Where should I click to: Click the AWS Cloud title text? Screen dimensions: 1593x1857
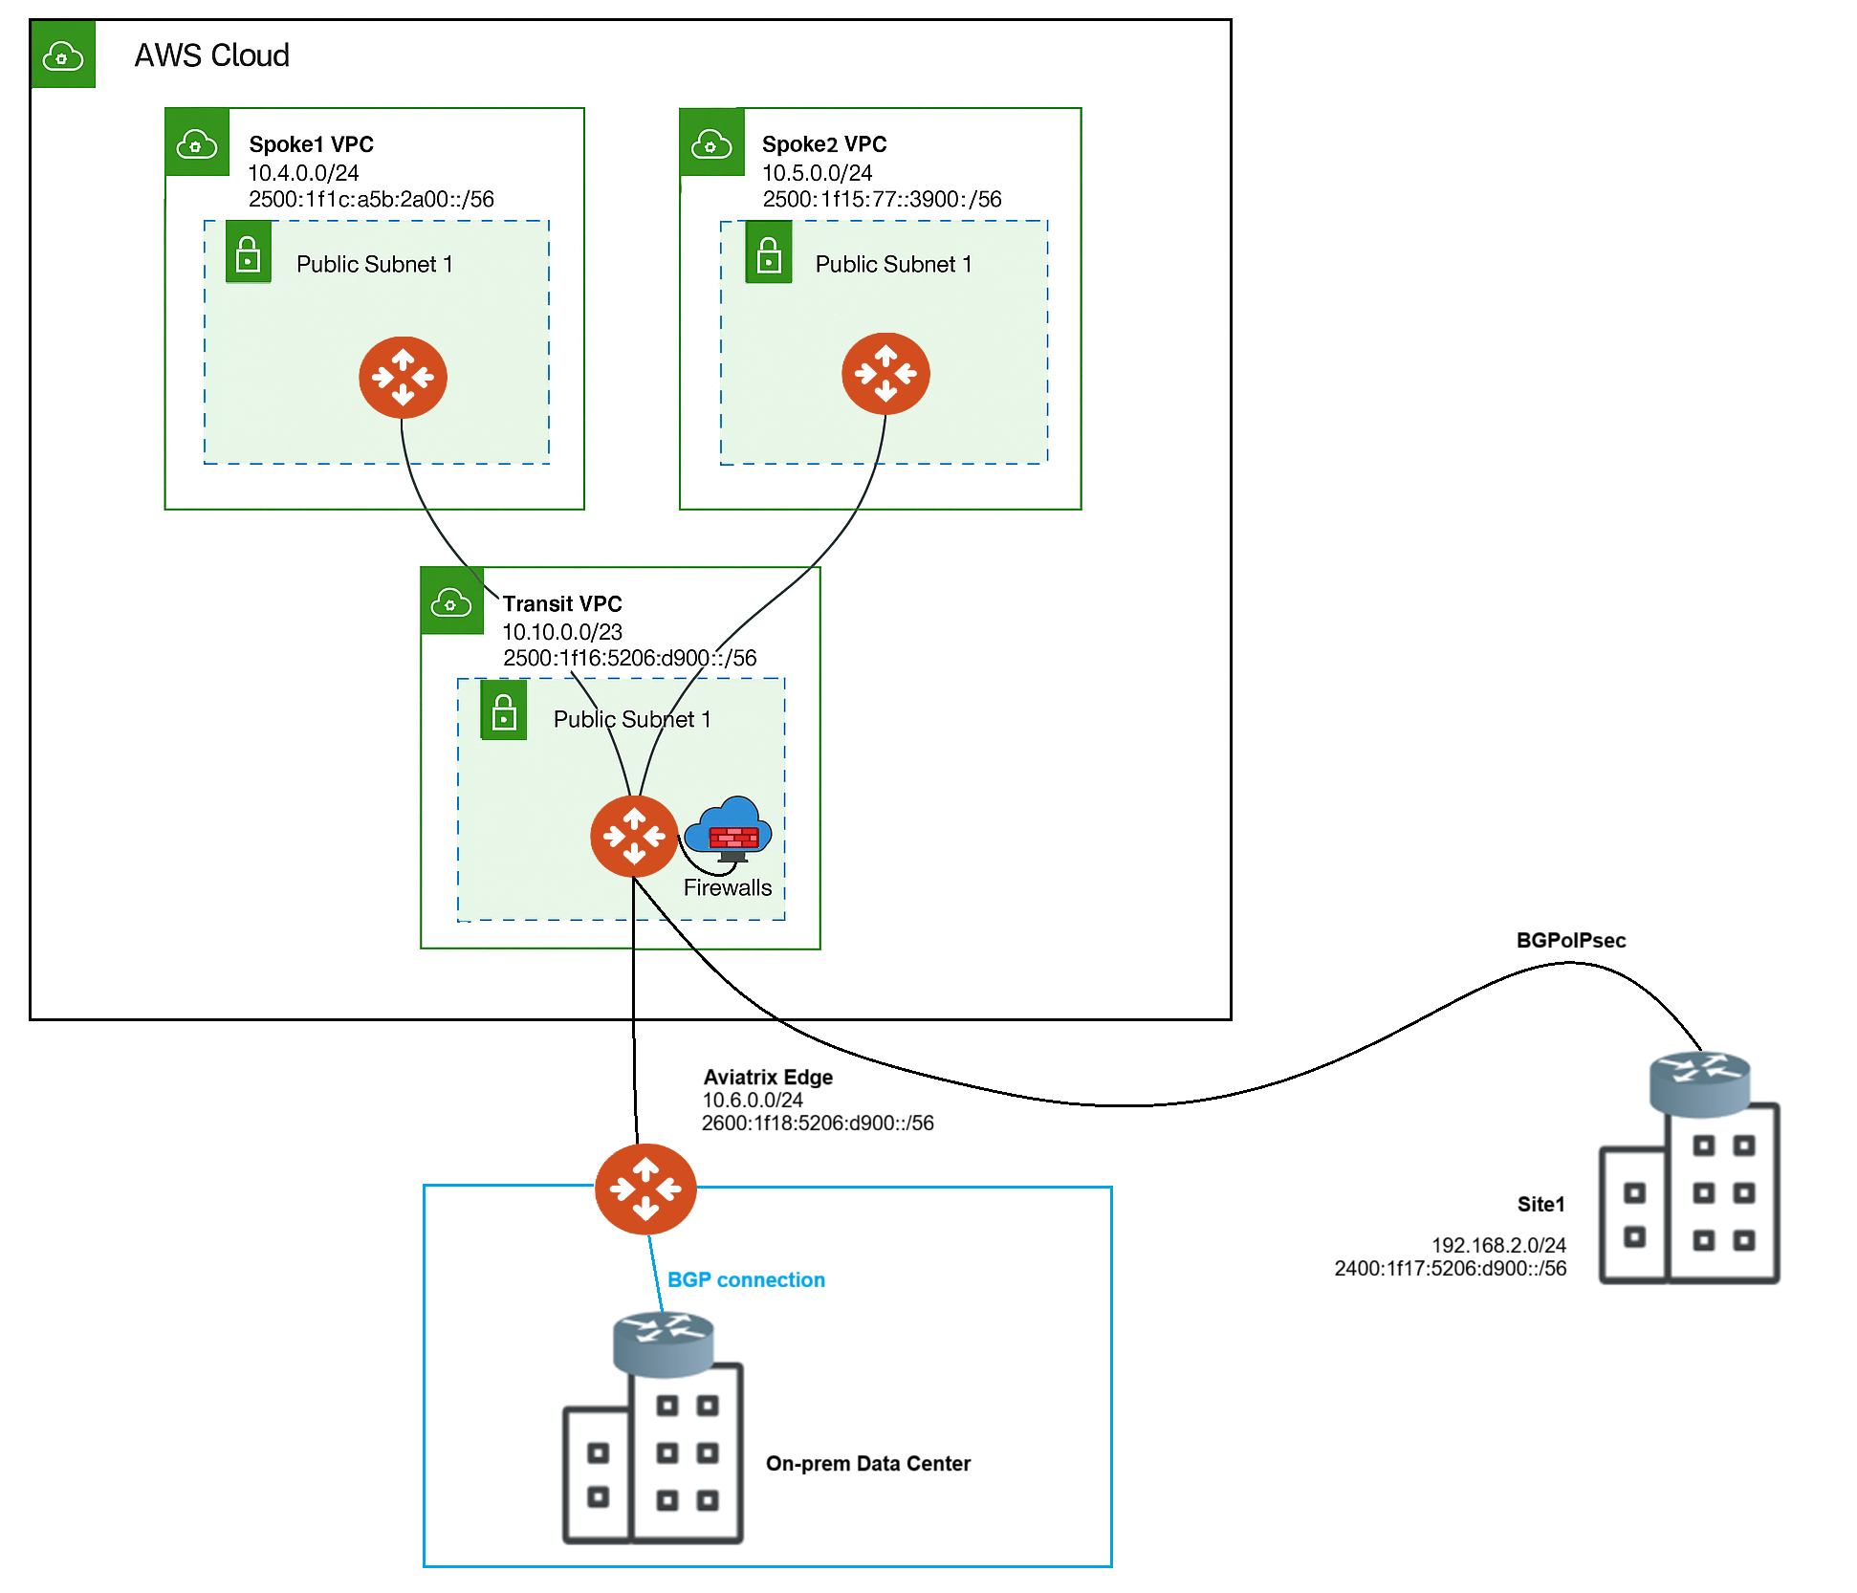tap(211, 55)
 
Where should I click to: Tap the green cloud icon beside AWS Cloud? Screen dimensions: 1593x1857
tap(63, 55)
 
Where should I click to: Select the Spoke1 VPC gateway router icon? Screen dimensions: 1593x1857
tap(403, 377)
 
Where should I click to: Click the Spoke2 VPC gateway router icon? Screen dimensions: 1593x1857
tap(885, 373)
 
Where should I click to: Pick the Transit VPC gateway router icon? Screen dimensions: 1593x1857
tap(634, 836)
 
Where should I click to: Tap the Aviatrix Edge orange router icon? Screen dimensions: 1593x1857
tap(645, 1189)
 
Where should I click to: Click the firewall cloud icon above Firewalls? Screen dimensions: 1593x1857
tap(732, 828)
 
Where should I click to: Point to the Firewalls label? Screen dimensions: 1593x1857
tap(727, 887)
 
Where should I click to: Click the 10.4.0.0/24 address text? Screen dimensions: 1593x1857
tap(303, 173)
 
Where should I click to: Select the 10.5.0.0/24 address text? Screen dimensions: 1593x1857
tap(817, 173)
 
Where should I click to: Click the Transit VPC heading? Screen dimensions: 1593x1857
tap(562, 604)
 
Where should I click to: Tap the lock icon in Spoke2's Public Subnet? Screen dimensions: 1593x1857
tap(769, 253)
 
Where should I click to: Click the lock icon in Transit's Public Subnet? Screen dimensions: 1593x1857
tap(504, 710)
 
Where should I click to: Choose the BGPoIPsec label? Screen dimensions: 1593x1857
tap(1570, 940)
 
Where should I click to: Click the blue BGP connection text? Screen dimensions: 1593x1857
tap(746, 1279)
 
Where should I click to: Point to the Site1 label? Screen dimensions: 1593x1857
tap(1540, 1204)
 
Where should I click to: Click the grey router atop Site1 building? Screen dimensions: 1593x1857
tap(1700, 1083)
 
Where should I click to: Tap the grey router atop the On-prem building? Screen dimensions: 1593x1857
tap(663, 1343)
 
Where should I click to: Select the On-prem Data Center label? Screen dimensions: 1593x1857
tap(867, 1463)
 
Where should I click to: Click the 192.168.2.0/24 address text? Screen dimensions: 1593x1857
tap(1498, 1245)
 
